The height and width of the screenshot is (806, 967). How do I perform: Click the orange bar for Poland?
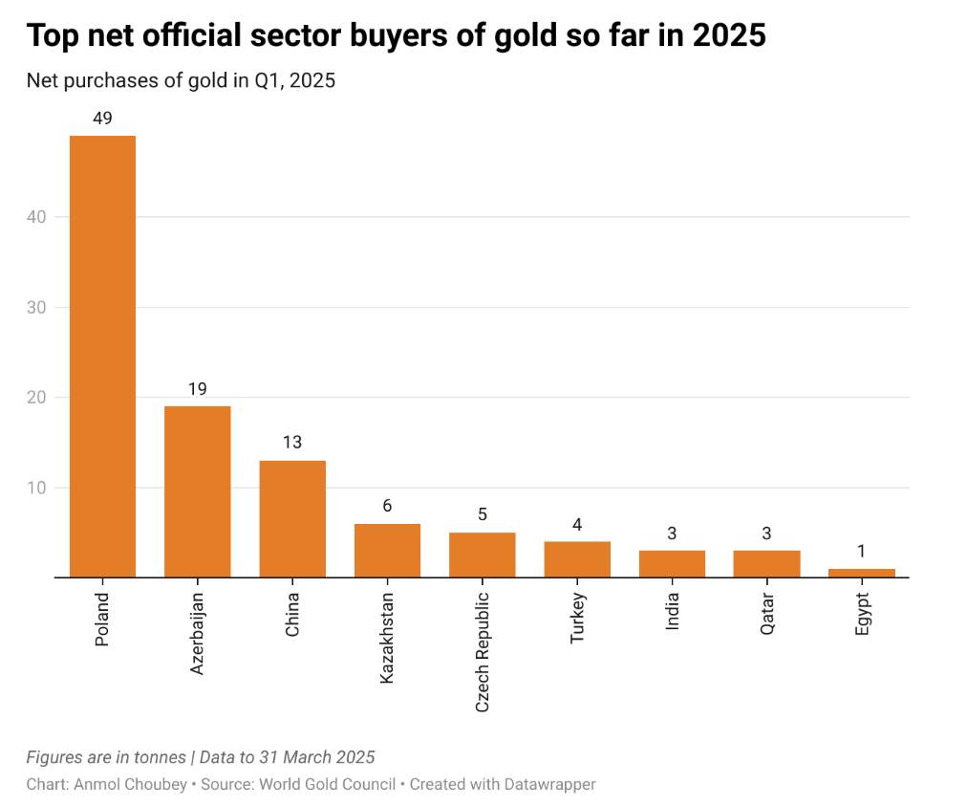102,356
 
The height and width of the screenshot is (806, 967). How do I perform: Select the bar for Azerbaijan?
197,491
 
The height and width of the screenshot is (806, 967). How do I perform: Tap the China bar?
292,518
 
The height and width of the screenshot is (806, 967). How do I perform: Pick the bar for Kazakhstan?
387,550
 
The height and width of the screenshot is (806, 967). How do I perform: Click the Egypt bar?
861,573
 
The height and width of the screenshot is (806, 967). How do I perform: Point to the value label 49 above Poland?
102,119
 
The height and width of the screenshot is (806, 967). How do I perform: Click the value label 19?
197,389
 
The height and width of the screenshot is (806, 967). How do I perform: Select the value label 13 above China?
292,443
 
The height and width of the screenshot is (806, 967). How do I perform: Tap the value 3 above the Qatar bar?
766,534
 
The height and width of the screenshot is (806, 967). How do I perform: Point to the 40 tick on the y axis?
36,217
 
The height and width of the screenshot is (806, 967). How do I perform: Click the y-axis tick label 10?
36,488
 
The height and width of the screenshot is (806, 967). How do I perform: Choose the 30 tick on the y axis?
36,308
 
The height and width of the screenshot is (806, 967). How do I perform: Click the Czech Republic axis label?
483,650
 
